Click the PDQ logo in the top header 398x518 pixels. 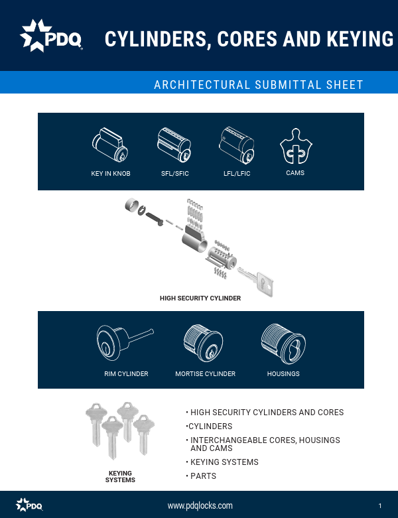point(52,36)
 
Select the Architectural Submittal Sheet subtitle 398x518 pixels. point(258,85)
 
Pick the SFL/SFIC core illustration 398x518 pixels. point(174,145)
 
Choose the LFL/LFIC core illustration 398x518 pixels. point(237,145)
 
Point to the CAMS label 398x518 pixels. point(295,173)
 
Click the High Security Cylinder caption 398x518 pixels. point(200,298)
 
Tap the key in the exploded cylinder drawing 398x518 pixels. point(255,281)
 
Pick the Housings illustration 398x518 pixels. point(283,341)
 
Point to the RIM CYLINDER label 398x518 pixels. point(126,374)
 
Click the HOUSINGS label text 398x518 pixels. point(283,374)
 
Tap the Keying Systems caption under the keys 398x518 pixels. point(120,476)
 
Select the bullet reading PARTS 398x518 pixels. point(203,476)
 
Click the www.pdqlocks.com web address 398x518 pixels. point(200,505)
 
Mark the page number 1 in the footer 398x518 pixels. point(380,506)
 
